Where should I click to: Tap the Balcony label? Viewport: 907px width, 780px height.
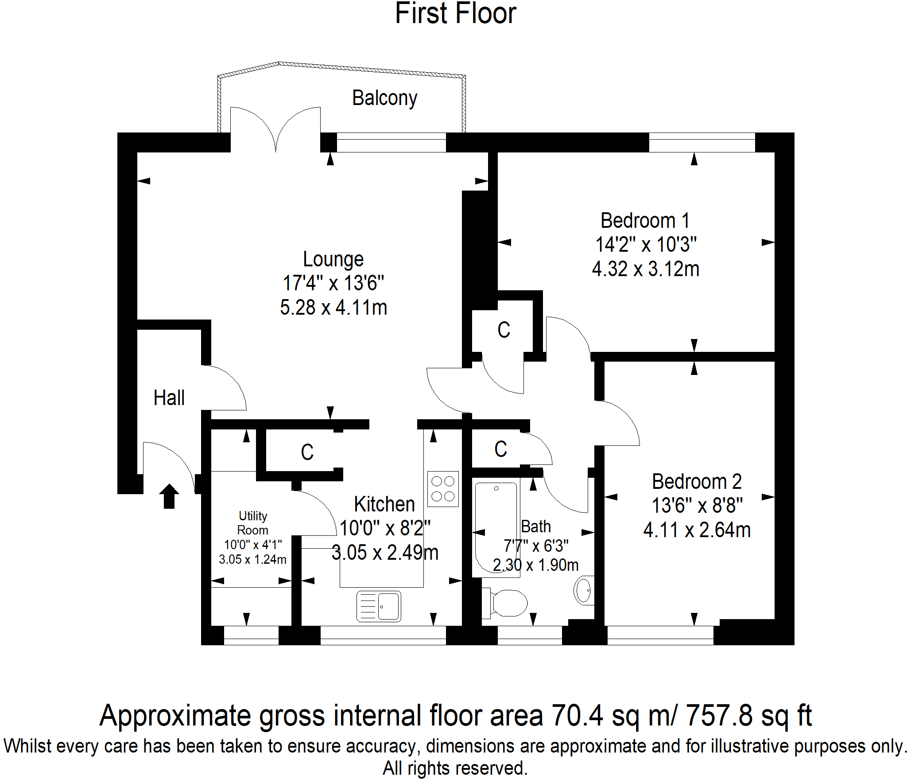pos(384,98)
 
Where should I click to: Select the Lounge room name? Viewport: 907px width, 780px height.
pos(333,259)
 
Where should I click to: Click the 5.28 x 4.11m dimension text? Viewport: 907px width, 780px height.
pos(333,308)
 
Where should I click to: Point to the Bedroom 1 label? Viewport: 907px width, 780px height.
pos(645,221)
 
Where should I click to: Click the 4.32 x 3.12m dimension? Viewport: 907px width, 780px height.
pos(645,269)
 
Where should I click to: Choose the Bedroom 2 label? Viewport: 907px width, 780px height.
pos(696,481)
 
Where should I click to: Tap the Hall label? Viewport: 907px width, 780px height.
pos(169,398)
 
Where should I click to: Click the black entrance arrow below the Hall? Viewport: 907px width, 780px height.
pos(169,496)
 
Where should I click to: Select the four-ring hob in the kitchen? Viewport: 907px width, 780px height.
pos(443,489)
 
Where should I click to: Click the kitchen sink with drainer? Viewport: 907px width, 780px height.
pos(379,606)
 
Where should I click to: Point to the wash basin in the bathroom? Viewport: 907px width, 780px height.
pos(584,590)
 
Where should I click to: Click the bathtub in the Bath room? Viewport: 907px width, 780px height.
pos(496,527)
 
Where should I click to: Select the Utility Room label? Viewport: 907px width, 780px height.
pos(252,523)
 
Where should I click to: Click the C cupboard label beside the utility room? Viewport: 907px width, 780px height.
pos(307,452)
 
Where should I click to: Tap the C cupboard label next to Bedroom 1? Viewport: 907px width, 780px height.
pos(504,330)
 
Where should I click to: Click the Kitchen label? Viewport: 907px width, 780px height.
pos(384,504)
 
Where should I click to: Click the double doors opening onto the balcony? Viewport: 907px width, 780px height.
pos(275,129)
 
